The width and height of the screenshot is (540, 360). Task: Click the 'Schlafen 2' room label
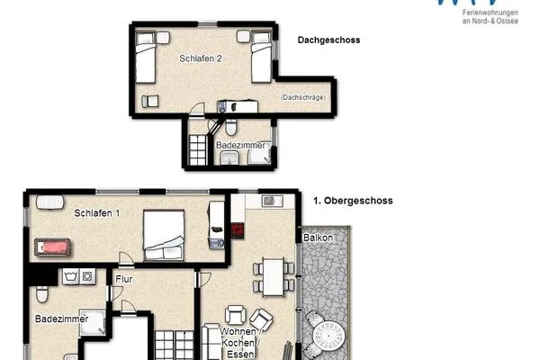click(x=200, y=58)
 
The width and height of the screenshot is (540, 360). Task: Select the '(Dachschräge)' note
click(x=302, y=97)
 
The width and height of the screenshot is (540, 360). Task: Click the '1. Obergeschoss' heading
click(x=353, y=202)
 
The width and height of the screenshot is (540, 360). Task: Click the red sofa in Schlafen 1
click(x=55, y=245)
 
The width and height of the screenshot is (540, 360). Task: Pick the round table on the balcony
click(x=326, y=337)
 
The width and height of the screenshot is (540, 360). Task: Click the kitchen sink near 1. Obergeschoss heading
click(x=270, y=200)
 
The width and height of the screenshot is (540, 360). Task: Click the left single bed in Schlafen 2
click(x=146, y=56)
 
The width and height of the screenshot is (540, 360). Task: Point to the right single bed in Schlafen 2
click(x=259, y=56)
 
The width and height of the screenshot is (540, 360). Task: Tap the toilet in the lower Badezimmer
click(x=41, y=295)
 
